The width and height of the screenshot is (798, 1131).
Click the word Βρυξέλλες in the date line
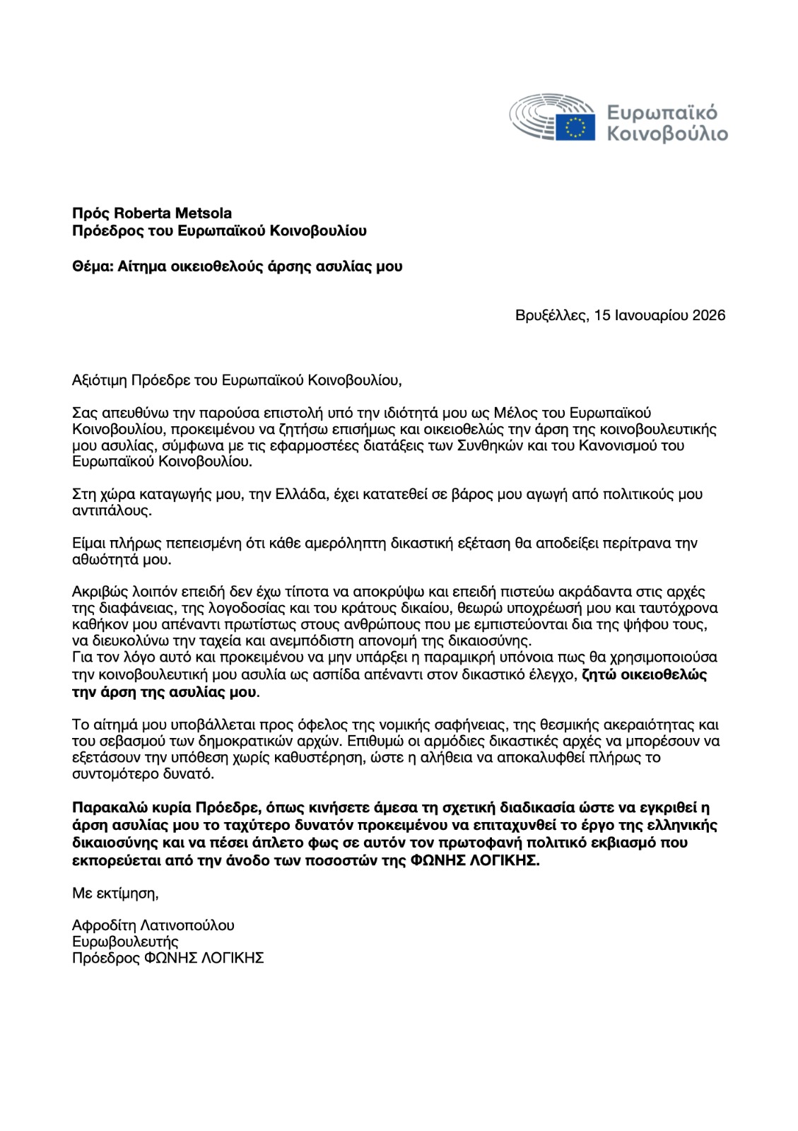pyautogui.click(x=551, y=315)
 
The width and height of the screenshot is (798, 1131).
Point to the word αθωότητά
pyautogui.click(x=103, y=559)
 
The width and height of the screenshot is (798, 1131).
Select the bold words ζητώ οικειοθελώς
pyautogui.click(x=643, y=674)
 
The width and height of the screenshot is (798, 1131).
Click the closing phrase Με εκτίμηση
pyautogui.click(x=115, y=893)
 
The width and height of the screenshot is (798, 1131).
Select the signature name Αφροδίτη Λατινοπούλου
pyautogui.click(x=153, y=925)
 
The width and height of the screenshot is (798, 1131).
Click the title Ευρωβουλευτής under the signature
pyautogui.click(x=125, y=942)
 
